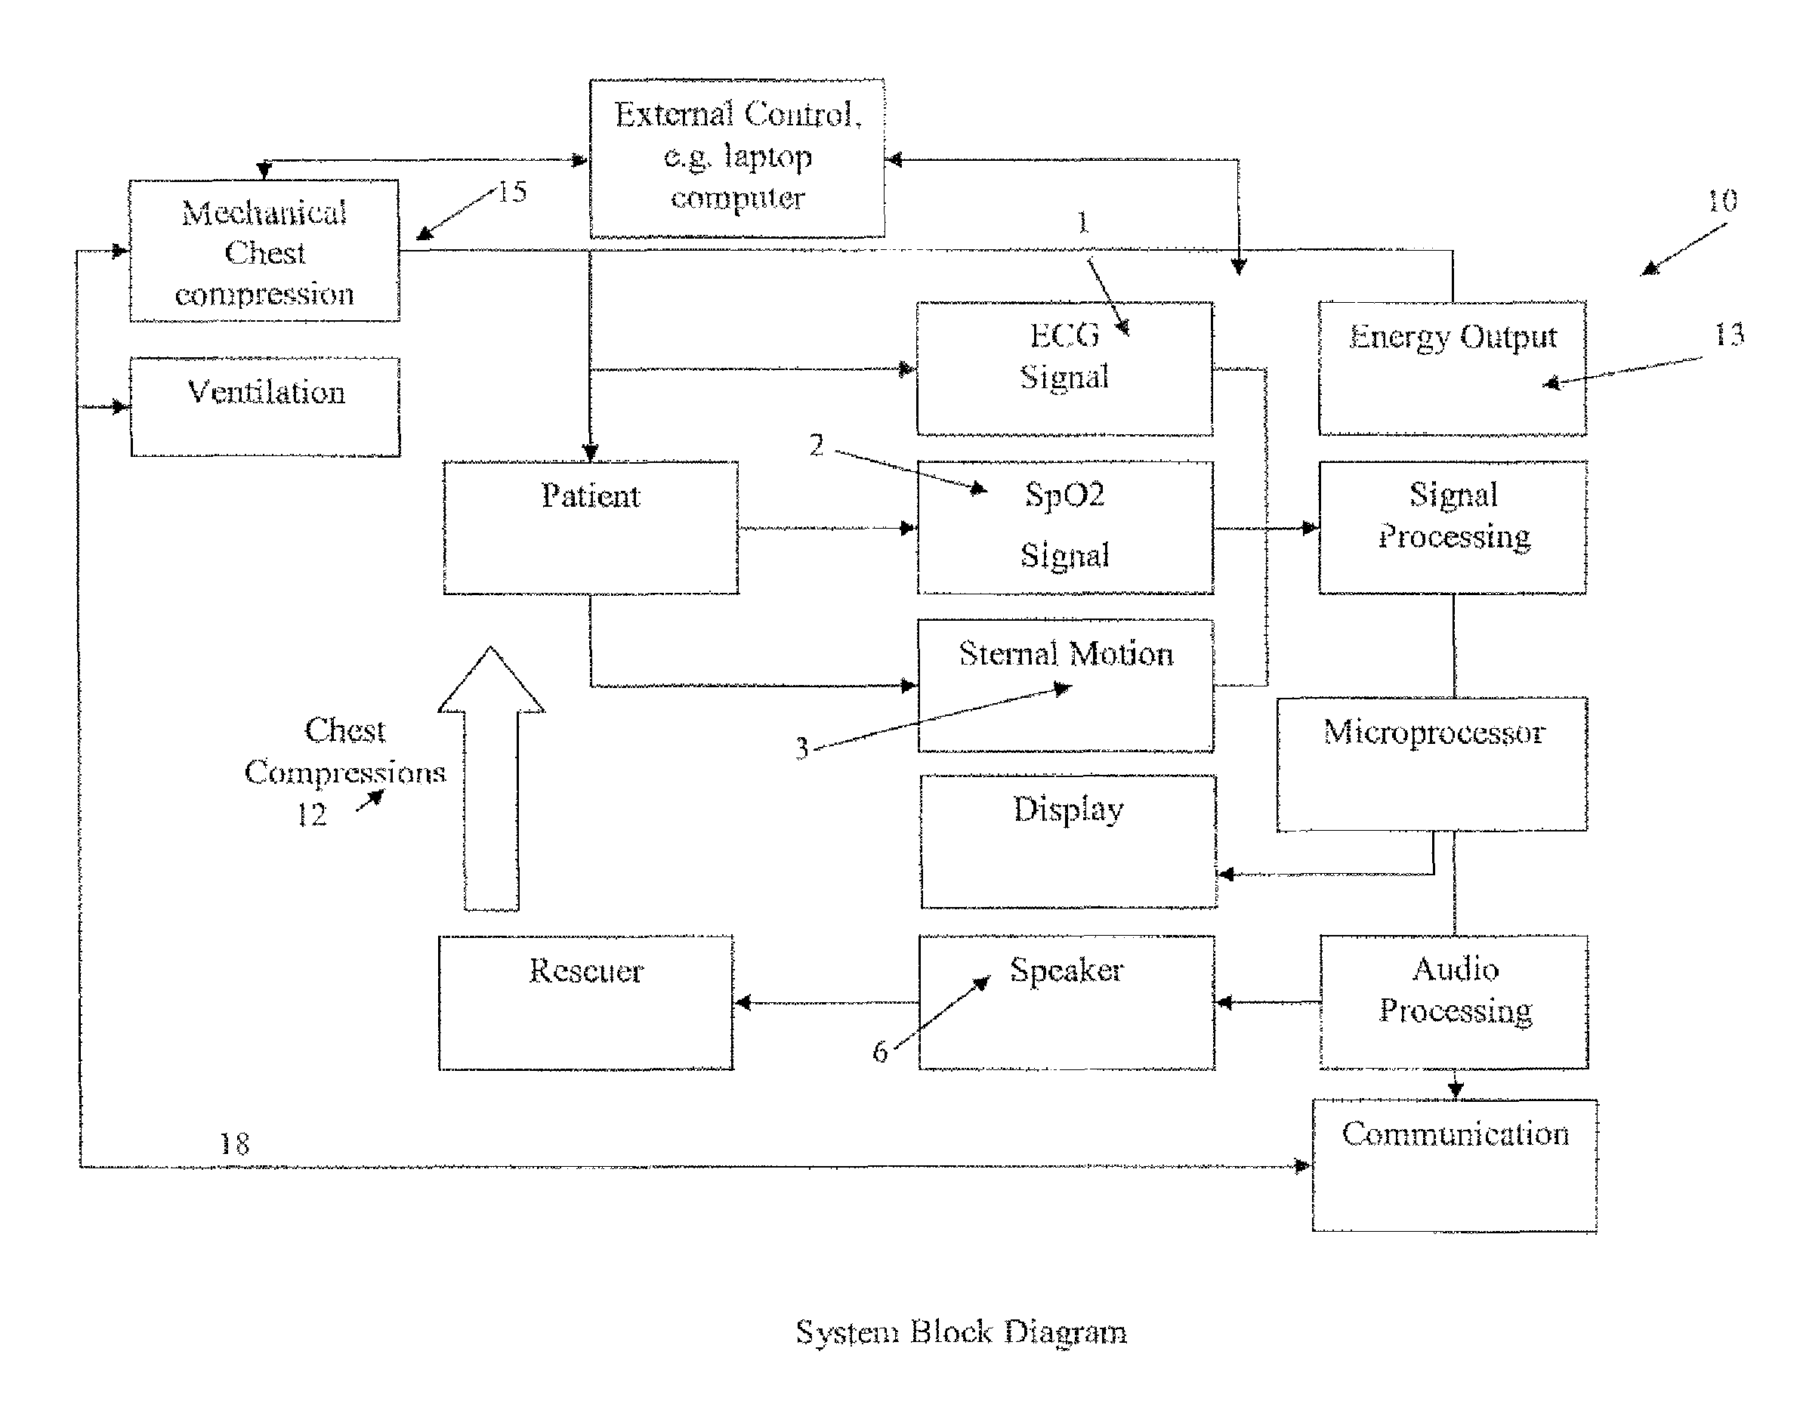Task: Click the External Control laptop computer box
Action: pos(737,159)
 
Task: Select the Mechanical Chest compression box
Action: pos(264,250)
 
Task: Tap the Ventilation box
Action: pos(265,407)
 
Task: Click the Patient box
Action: pos(591,527)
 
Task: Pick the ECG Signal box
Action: pos(1065,369)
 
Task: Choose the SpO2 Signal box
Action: pos(1065,527)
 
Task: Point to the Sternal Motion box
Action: pos(1065,685)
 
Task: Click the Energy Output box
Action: pos(1453,369)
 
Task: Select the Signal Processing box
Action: pos(1453,527)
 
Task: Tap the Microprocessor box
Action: pos(1431,764)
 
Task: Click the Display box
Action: pos(1068,841)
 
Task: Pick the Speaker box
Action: pos(1067,1002)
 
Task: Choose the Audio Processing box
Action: pos(1454,1002)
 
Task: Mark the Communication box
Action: pos(1455,1165)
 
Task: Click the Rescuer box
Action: pos(585,1003)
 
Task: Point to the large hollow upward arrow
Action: pos(490,779)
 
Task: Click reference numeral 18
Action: pos(234,1143)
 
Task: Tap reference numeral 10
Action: pos(1722,201)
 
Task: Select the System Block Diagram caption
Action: pos(961,1332)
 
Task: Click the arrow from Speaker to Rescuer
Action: pos(826,1003)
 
